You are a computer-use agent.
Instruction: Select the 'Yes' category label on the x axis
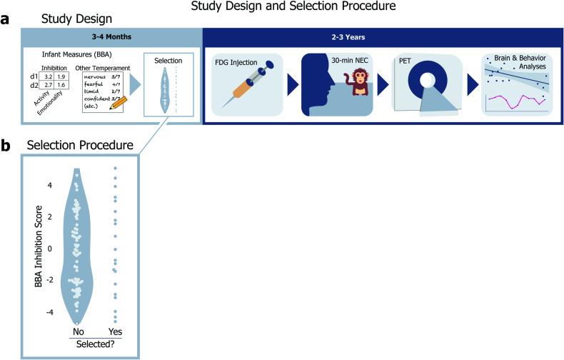tap(116, 331)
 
